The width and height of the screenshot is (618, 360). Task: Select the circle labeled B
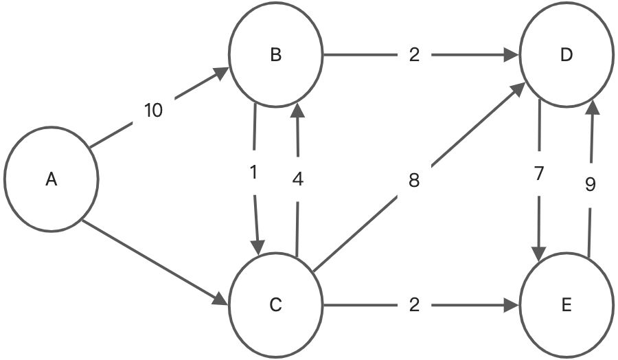(276, 56)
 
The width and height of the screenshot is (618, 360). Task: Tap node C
(276, 304)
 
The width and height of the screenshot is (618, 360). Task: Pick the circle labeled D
(566, 56)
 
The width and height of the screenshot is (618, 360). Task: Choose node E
(566, 304)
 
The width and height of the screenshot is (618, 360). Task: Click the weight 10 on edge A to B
(154, 110)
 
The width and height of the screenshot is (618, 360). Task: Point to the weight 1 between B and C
(254, 173)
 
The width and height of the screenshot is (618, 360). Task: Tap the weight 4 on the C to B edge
(297, 180)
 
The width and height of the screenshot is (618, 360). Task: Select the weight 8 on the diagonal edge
(413, 181)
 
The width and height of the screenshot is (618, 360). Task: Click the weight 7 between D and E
(539, 174)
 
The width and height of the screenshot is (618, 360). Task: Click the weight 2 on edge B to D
(413, 56)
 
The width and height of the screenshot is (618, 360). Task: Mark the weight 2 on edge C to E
(413, 304)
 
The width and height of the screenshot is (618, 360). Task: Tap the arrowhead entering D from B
(511, 56)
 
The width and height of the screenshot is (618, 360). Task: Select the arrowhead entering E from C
(511, 304)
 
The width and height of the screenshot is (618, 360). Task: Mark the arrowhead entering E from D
(540, 253)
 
